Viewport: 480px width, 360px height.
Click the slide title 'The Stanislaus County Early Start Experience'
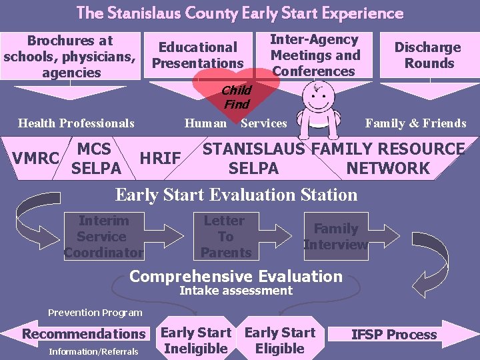click(240, 13)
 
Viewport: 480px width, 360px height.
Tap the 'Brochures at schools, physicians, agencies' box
click(71, 56)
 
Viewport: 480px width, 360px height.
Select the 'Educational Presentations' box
click(198, 55)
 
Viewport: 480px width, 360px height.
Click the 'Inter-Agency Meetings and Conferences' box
click(315, 55)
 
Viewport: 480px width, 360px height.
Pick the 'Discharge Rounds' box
click(428, 55)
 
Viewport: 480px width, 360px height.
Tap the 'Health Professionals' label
click(76, 123)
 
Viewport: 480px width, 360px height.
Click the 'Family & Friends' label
click(415, 123)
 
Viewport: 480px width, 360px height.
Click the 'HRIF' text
click(160, 158)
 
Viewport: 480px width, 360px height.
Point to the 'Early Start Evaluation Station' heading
click(237, 195)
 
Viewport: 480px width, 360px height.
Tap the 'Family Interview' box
click(335, 237)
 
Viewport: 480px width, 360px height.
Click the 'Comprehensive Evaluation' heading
click(235, 276)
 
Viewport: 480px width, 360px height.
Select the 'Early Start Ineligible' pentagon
click(196, 340)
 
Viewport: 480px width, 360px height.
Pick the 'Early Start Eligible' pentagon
click(279, 340)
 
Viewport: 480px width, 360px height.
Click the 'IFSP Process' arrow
click(397, 335)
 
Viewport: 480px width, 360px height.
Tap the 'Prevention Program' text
click(95, 312)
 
